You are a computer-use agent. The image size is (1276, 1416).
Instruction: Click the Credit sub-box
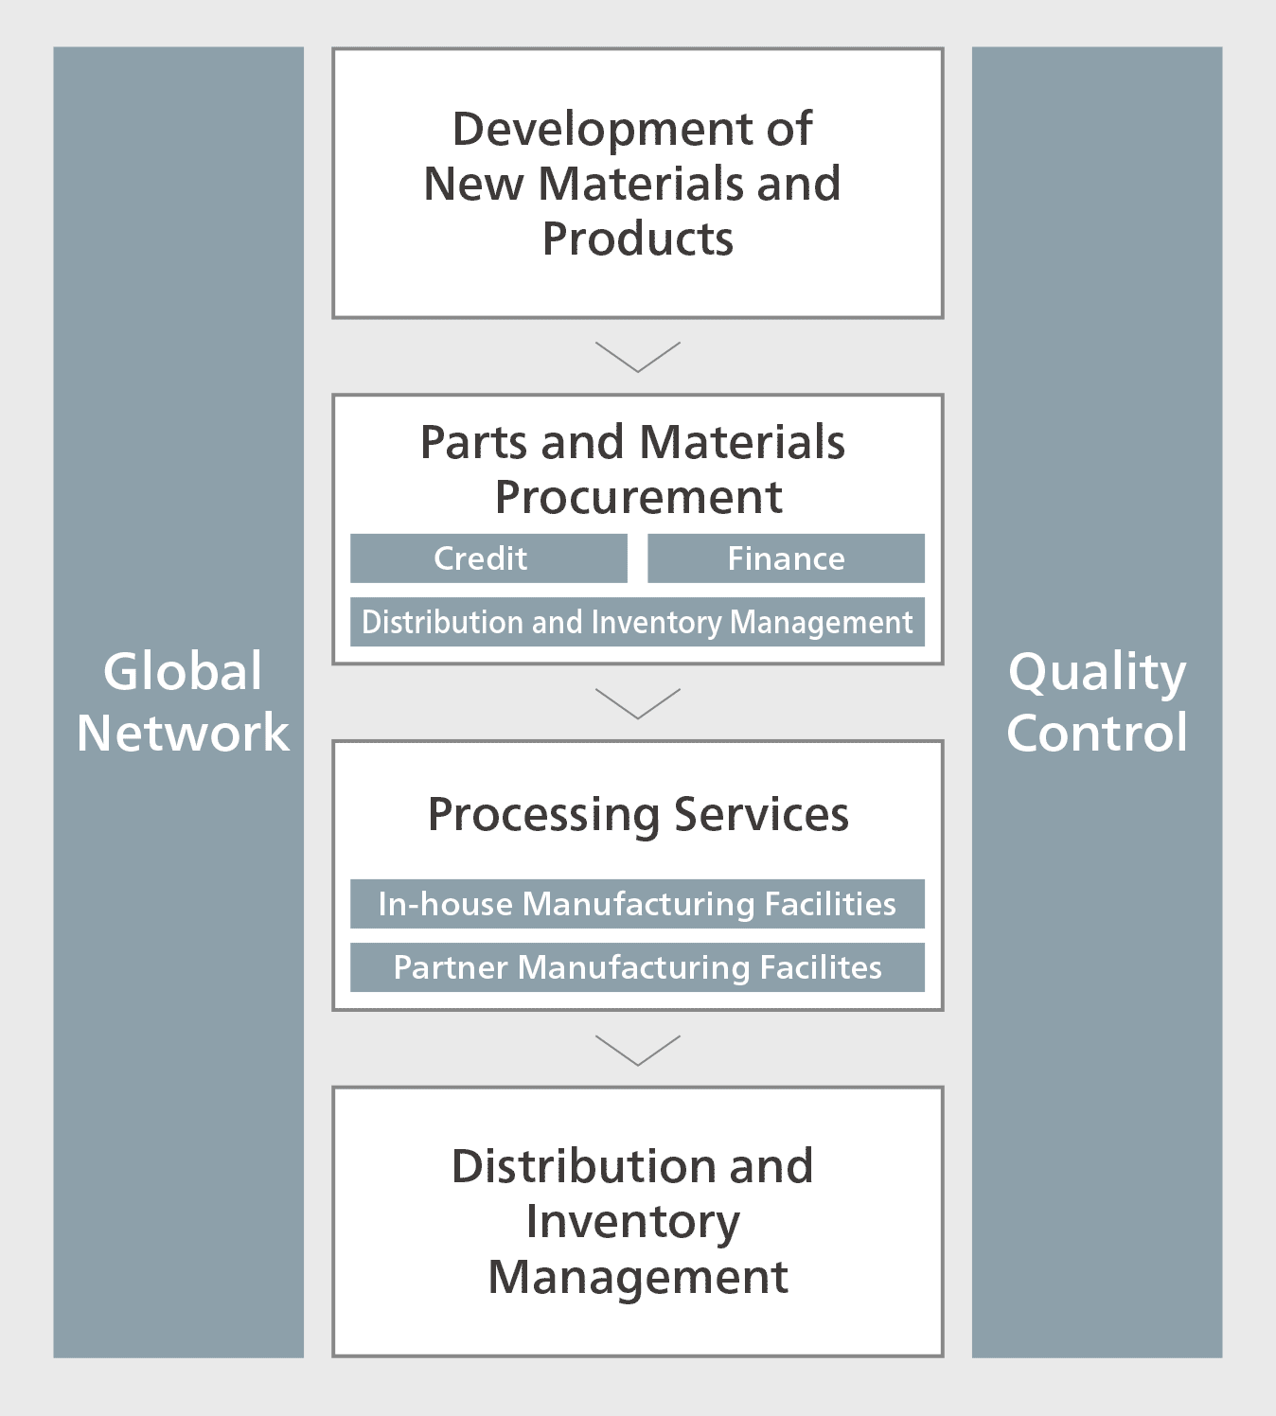[488, 558]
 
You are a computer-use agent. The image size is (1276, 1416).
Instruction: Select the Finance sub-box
[786, 558]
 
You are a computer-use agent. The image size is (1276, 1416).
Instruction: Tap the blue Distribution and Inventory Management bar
[638, 622]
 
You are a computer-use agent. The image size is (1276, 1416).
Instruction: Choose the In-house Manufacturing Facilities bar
[638, 904]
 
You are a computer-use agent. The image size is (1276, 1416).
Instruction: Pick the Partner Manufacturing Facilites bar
[638, 967]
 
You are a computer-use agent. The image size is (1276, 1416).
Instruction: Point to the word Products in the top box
[638, 239]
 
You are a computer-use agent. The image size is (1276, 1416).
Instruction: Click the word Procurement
[638, 498]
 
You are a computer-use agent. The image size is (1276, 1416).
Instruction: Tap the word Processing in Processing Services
[543, 816]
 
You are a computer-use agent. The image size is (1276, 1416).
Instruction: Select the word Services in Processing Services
[761, 814]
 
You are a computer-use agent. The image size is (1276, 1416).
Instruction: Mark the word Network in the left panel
[183, 733]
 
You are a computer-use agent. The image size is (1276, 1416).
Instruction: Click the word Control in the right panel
[1097, 733]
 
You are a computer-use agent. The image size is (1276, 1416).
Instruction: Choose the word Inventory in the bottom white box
[633, 1223]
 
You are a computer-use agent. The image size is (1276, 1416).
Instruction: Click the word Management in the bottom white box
[638, 1279]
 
